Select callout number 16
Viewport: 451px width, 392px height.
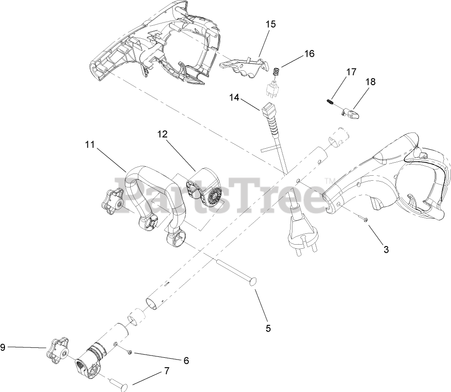click(309, 54)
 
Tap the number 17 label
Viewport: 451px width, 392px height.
click(351, 72)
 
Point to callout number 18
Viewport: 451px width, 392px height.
click(370, 82)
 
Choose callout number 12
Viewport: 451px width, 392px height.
click(162, 134)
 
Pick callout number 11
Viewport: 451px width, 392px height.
click(90, 145)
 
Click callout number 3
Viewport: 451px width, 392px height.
click(386, 249)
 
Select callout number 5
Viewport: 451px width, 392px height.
click(268, 328)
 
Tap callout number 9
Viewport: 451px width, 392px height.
click(3, 347)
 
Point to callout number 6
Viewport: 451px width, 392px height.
click(186, 360)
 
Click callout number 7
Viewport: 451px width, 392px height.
click(167, 371)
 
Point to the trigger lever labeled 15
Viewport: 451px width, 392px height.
click(243, 66)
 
